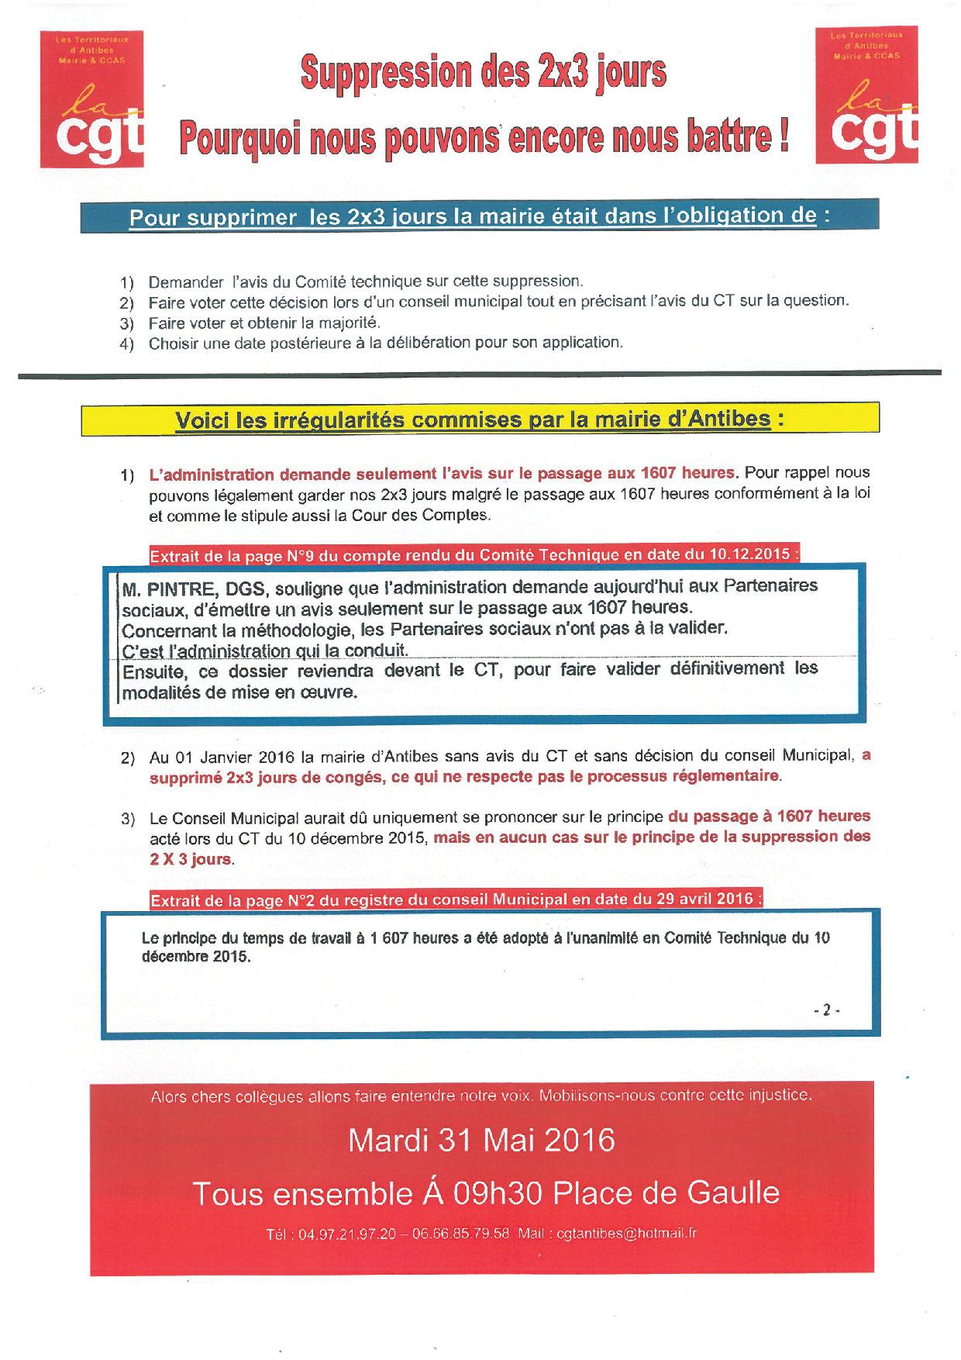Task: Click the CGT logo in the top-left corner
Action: [92, 98]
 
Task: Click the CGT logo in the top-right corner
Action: [867, 95]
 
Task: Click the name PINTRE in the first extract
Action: [178, 587]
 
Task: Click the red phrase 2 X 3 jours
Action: [191, 858]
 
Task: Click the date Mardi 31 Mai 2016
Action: [481, 1141]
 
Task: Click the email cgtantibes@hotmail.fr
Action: [627, 1234]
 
